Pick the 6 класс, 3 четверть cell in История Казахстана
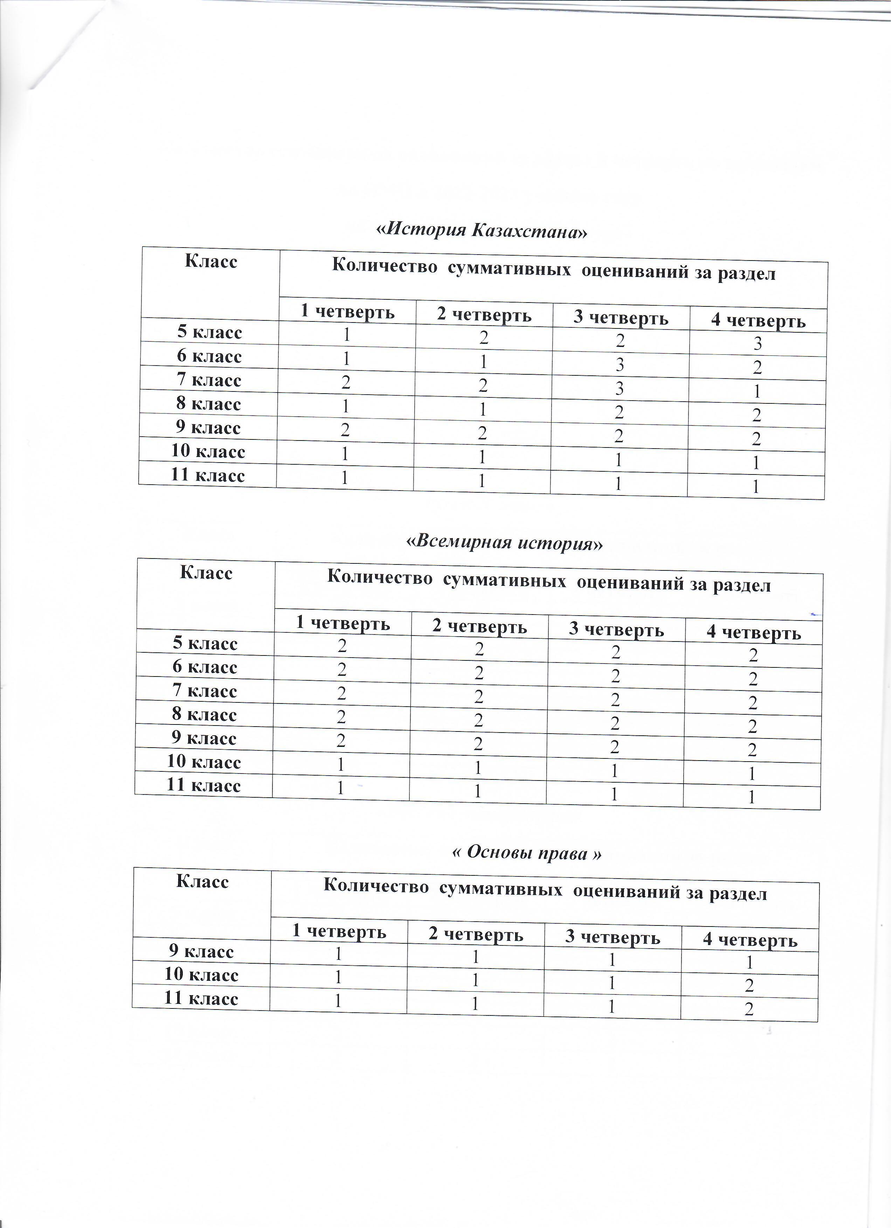[x=621, y=365]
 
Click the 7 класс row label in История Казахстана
[x=209, y=380]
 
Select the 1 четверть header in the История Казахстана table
[x=348, y=312]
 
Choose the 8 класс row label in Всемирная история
[x=205, y=715]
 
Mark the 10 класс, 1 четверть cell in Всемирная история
[x=341, y=764]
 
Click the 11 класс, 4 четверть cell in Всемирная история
[x=753, y=798]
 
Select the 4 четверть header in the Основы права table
[x=750, y=940]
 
